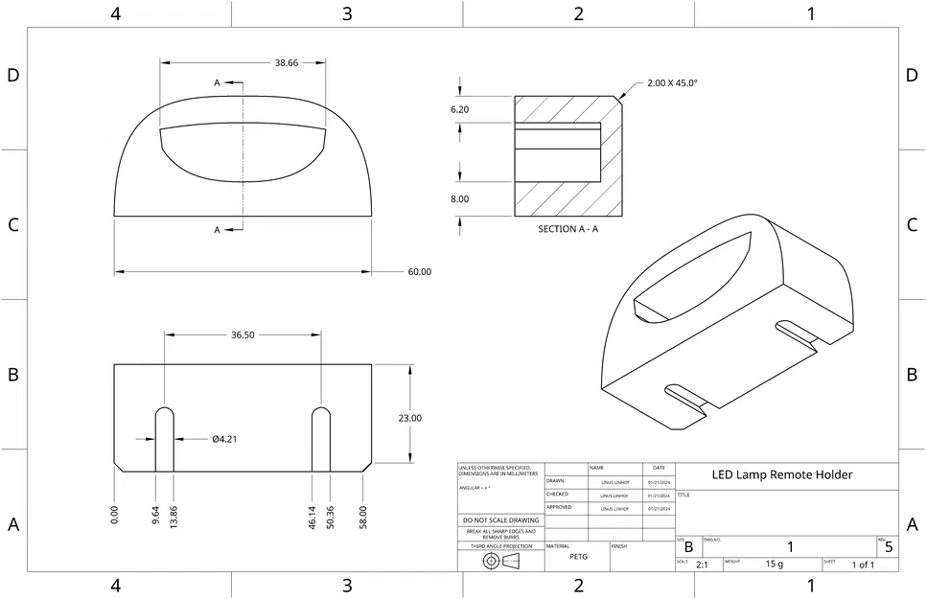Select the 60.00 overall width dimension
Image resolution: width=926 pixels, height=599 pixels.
click(419, 272)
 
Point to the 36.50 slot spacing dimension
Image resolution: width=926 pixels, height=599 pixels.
click(243, 335)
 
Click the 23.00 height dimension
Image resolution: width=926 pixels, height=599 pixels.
click(409, 418)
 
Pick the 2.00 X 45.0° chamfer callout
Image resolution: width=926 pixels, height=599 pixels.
click(672, 83)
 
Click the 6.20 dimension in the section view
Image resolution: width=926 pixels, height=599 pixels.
click(460, 110)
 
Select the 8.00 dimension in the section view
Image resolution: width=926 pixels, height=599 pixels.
click(460, 199)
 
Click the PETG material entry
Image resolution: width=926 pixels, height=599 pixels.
click(578, 557)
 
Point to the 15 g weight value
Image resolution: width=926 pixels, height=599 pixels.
click(775, 565)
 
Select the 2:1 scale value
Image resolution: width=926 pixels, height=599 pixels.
click(702, 565)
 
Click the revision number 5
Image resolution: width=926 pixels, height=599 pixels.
click(889, 548)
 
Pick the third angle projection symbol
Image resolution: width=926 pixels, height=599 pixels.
click(500, 561)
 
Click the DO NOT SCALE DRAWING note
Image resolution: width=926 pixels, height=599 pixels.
click(500, 520)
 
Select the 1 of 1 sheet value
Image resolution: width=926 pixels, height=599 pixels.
click(863, 565)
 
